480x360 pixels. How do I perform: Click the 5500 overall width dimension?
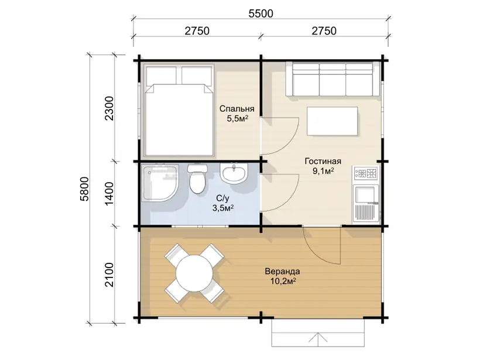coord(261,13)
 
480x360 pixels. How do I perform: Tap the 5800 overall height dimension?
coord(84,189)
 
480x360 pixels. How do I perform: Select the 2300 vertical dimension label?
coord(109,108)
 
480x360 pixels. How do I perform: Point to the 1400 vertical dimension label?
coord(109,194)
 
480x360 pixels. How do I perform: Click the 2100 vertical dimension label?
coord(109,275)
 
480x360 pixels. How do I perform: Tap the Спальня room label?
coord(237,109)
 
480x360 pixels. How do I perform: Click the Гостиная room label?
coord(323,161)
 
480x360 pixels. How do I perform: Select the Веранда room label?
coord(282,271)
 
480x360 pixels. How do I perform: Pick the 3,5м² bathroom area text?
coord(223,208)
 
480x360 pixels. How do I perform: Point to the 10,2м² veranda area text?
coord(283,281)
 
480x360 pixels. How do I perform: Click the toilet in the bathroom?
coord(197,179)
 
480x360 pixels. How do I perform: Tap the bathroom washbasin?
coord(234,174)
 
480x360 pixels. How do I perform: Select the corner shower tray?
coord(161,183)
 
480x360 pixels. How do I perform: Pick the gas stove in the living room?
coord(366,174)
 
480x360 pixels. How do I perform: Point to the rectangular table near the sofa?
coord(332,121)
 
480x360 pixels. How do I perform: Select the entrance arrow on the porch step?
coord(318,337)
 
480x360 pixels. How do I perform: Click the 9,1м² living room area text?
coord(323,171)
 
